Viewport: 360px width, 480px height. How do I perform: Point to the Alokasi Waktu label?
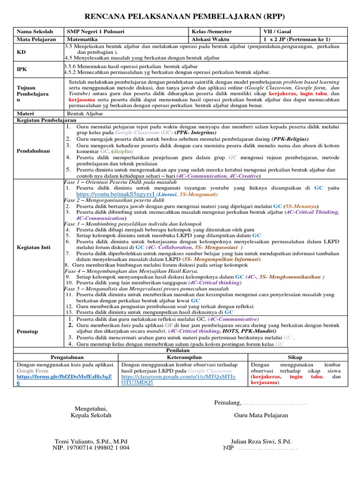click(x=210, y=39)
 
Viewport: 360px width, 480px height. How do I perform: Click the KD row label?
click(x=22, y=52)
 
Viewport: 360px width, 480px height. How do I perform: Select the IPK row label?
click(x=22, y=68)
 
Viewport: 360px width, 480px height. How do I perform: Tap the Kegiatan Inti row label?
click(x=35, y=247)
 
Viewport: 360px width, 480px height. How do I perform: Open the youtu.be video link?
click(x=114, y=193)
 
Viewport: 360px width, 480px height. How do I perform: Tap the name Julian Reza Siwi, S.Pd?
click(x=261, y=441)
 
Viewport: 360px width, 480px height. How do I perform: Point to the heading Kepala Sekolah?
click(x=91, y=415)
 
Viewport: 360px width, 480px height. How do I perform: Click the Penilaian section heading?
click(x=180, y=350)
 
